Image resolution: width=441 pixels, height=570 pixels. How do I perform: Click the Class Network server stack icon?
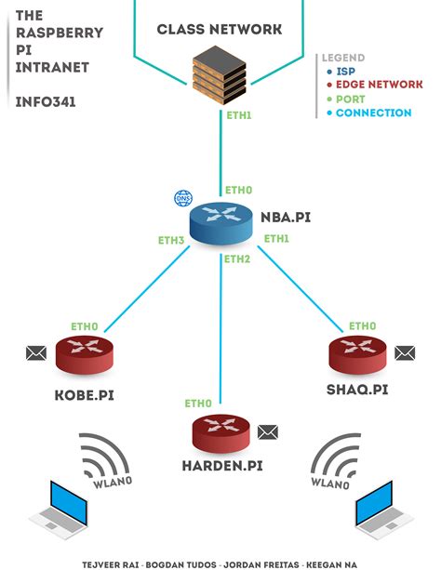pyautogui.click(x=220, y=77)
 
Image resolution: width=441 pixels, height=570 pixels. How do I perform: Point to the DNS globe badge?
pyautogui.click(x=181, y=198)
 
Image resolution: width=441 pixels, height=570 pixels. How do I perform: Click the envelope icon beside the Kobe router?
pyautogui.click(x=35, y=352)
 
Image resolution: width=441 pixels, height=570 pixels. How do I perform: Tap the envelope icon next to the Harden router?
pyautogui.click(x=268, y=431)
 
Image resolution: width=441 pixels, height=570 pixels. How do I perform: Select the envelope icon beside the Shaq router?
pyautogui.click(x=405, y=352)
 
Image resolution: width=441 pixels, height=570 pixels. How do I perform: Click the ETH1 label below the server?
pyautogui.click(x=239, y=116)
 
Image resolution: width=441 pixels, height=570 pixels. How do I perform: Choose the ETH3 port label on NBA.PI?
pyautogui.click(x=171, y=240)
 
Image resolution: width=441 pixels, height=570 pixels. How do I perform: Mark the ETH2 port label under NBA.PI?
pyautogui.click(x=237, y=258)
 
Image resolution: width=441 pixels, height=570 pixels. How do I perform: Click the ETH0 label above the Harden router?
pyautogui.click(x=197, y=404)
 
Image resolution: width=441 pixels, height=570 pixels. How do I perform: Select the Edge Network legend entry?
pyautogui.click(x=378, y=85)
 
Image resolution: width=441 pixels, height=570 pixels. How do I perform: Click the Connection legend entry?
pyautogui.click(x=372, y=113)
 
